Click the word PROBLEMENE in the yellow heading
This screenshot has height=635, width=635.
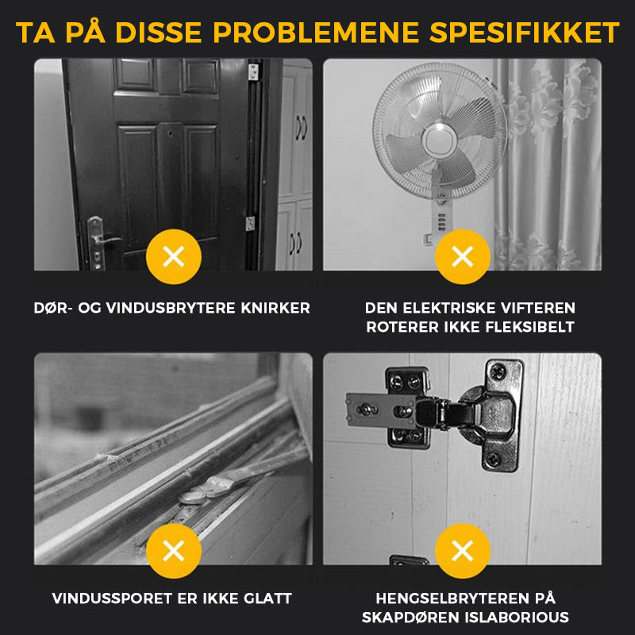[x=316, y=33]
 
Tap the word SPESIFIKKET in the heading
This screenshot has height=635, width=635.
[x=524, y=33]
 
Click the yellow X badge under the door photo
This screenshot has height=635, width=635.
[x=174, y=256]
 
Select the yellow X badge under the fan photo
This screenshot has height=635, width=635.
[x=463, y=256]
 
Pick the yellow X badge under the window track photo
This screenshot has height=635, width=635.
[x=174, y=551]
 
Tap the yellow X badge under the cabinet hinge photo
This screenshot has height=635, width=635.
[x=463, y=551]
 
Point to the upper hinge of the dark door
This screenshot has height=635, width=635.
[x=253, y=71]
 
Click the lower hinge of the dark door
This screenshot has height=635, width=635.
[x=250, y=224]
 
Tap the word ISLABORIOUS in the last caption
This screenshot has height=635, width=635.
[x=517, y=618]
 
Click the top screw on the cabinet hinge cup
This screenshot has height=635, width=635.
[x=498, y=370]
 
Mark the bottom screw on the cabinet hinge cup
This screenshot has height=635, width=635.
[x=494, y=460]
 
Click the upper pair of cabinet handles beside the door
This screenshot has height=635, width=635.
[x=302, y=128]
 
